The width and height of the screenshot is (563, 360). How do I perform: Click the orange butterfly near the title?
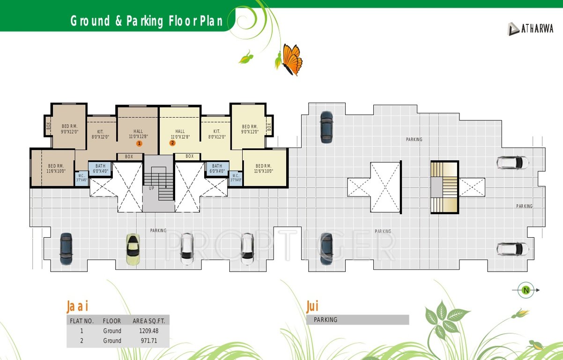pos(292,59)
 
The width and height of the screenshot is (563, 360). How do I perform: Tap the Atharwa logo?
pos(530,29)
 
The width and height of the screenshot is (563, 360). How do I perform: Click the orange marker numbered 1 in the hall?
pos(139,143)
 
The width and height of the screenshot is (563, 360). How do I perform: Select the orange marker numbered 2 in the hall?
pos(172,143)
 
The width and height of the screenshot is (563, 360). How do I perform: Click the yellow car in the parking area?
pos(133,248)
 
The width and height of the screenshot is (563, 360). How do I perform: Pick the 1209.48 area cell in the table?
pos(149,331)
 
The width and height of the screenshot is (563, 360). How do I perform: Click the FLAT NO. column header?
pos(81,321)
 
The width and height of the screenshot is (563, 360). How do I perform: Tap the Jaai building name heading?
pos(77,307)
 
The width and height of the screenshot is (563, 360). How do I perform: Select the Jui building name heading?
pos(312,307)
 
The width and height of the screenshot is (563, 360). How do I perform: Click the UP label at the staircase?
pos(151,188)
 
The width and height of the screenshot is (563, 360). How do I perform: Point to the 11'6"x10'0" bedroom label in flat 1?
pos(56,169)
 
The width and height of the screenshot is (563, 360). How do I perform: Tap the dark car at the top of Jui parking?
pos(326,127)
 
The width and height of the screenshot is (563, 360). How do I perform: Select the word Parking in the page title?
pos(145,21)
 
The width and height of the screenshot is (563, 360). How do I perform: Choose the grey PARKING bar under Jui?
pos(357,320)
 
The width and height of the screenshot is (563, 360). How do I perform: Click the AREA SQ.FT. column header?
pos(149,321)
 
